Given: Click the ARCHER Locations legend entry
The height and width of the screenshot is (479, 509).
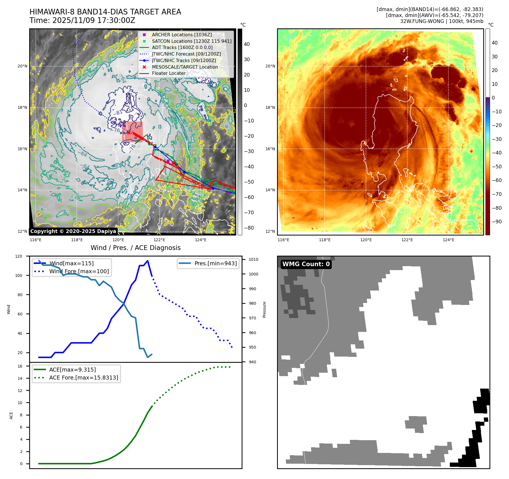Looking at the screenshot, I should [x=182, y=35].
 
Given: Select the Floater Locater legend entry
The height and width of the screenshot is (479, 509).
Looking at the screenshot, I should [x=169, y=73].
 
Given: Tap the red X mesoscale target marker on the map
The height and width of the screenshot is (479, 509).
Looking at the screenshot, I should [x=129, y=133].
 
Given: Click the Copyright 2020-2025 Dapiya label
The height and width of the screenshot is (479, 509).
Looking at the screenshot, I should [x=73, y=231].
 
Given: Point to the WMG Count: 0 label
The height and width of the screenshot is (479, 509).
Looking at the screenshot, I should [x=306, y=264].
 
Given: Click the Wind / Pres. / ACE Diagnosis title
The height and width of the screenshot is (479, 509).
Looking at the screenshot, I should [x=135, y=248].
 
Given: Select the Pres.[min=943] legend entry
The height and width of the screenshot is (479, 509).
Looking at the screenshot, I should [x=215, y=263].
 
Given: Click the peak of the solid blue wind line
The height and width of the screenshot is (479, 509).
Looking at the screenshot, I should [x=148, y=261].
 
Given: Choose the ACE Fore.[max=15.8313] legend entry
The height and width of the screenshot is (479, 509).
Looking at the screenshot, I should [x=84, y=378].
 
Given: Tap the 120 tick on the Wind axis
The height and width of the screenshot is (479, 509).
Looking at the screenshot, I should [x=19, y=256].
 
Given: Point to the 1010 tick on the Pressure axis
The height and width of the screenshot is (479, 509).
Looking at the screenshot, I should [x=254, y=259].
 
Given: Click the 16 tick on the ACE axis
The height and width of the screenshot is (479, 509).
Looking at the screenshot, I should [x=20, y=366].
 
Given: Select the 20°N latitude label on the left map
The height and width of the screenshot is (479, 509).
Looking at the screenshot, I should [x=23, y=66].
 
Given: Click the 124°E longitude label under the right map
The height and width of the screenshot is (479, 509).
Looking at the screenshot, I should [x=448, y=240].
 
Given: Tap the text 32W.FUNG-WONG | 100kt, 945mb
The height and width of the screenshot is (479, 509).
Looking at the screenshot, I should [x=442, y=21].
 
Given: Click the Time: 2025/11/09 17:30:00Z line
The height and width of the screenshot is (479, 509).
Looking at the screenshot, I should [x=82, y=20].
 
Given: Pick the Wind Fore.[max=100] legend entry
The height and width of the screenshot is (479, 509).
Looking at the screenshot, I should [x=79, y=271].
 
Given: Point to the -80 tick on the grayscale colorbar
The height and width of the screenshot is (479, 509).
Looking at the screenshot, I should [x=249, y=228].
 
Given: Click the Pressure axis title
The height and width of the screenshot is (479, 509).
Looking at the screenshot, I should [x=264, y=310].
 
